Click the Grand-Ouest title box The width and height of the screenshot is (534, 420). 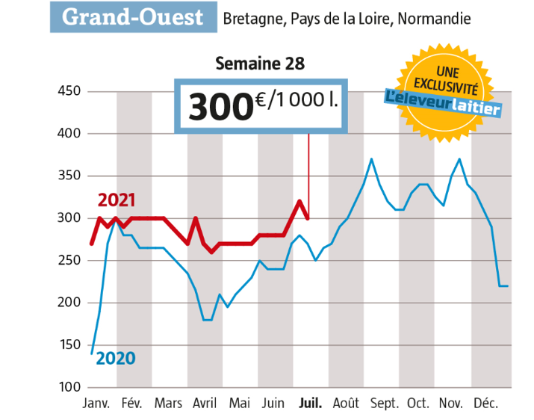(132, 17)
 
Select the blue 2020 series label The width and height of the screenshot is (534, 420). (116, 358)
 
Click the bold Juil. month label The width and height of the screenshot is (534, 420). (310, 404)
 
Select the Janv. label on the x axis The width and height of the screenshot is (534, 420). (96, 404)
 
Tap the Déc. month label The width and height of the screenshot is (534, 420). (485, 404)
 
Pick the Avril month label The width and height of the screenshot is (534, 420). (205, 404)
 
